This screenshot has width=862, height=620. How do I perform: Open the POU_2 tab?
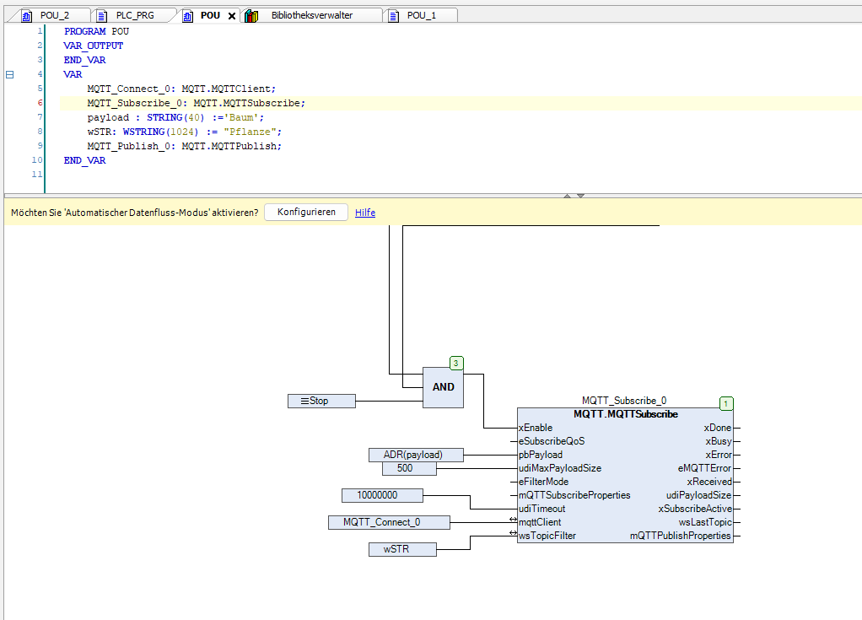coord(53,15)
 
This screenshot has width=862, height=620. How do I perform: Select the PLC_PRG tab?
coord(134,15)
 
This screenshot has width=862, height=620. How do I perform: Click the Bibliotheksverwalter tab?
coord(311,15)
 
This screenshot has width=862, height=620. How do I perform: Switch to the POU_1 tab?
coord(421,15)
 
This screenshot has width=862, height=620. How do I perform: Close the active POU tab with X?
coord(232,16)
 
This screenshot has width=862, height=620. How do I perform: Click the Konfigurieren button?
coord(306,213)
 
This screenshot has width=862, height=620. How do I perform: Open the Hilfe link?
coord(365,213)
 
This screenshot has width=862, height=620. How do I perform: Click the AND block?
coord(443,387)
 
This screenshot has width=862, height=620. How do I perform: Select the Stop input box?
coord(321,401)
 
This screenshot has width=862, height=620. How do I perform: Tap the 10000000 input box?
coord(382,495)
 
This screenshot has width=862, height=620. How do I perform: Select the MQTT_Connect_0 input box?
coord(389,522)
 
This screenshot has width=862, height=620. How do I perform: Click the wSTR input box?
coord(402,549)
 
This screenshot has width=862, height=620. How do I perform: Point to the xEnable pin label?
coord(536,428)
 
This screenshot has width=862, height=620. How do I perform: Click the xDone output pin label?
coord(718,428)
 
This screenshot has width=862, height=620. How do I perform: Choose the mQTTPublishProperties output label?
coord(681,536)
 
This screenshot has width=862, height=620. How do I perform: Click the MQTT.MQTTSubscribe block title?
coord(625,414)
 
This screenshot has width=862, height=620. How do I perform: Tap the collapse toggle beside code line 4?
coord(10,74)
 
